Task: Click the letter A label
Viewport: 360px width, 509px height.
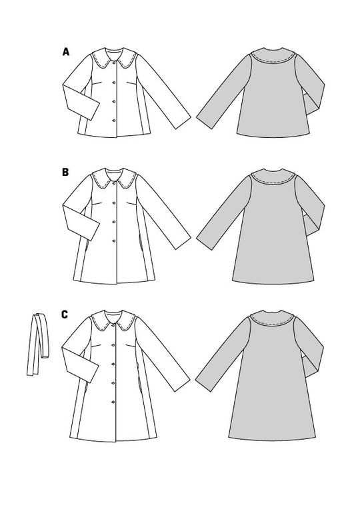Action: coord(66,51)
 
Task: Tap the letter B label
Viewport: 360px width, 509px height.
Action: coord(65,172)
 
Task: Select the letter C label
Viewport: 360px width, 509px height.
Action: coord(65,314)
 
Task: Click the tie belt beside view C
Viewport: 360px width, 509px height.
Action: coord(38,344)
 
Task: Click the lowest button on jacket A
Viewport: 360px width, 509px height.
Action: coord(114,121)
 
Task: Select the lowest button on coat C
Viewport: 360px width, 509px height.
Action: coord(113,402)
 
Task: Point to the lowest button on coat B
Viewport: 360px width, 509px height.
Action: coord(114,241)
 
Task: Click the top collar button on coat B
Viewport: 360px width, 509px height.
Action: coord(114,184)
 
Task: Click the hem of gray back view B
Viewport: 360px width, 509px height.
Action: coord(273,282)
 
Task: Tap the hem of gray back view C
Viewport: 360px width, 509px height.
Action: coord(272,438)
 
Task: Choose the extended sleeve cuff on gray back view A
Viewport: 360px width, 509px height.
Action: coord(205,123)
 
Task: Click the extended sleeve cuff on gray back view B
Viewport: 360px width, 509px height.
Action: coord(205,243)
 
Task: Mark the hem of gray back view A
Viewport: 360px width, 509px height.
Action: coord(273,135)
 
